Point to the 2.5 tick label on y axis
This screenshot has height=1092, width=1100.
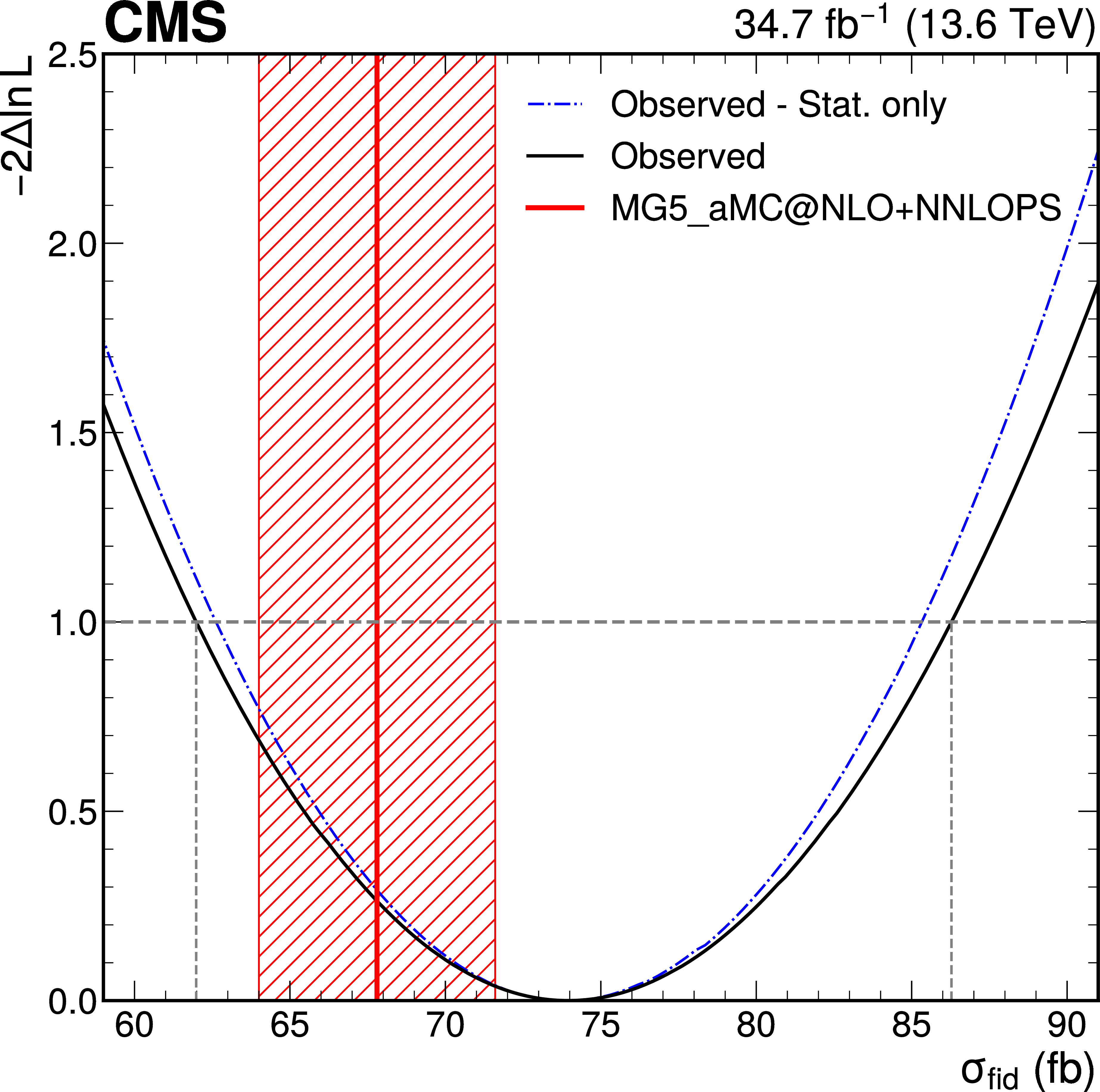pos(71,57)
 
